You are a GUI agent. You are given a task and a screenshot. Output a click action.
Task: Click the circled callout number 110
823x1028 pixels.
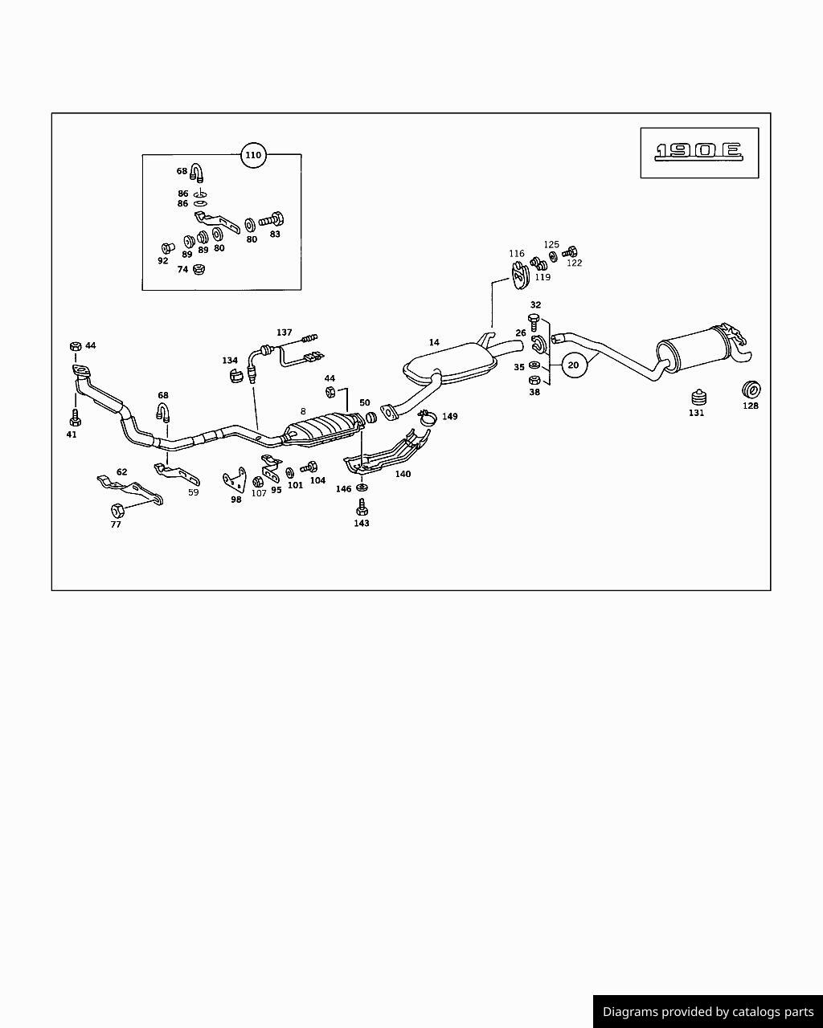pyautogui.click(x=253, y=155)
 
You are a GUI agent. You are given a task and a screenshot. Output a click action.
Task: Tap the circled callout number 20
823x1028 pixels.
pyautogui.click(x=573, y=365)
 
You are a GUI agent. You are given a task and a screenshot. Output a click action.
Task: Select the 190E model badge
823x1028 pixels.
pyautogui.click(x=699, y=153)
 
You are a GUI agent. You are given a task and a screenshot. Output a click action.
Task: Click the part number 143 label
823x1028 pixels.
pyautogui.click(x=362, y=523)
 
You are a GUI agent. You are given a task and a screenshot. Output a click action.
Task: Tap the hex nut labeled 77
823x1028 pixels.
pyautogui.click(x=117, y=510)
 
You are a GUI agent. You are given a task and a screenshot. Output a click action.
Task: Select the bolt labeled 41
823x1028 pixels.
pyautogui.click(x=75, y=418)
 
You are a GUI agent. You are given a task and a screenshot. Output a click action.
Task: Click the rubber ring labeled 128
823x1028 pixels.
pyautogui.click(x=751, y=390)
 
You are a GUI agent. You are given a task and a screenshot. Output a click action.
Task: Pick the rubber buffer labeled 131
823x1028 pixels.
pyautogui.click(x=699, y=398)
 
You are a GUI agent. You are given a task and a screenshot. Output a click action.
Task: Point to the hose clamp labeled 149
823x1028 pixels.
pyautogui.click(x=428, y=418)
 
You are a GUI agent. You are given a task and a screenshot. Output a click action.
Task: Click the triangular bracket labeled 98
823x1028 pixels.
pyautogui.click(x=235, y=479)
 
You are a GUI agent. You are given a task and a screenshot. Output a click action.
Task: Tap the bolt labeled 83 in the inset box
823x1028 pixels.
pyautogui.click(x=271, y=220)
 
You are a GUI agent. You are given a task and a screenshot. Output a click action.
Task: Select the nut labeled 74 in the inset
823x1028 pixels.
pyautogui.click(x=199, y=269)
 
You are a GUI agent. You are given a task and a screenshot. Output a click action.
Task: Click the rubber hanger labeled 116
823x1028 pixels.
pyautogui.click(x=518, y=275)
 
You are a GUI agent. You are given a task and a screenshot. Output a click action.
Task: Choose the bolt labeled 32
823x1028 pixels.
pyautogui.click(x=534, y=322)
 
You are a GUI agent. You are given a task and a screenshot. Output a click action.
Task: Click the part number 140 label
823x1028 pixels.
pyautogui.click(x=403, y=474)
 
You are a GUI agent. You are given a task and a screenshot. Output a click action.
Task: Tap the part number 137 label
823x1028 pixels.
pyautogui.click(x=284, y=332)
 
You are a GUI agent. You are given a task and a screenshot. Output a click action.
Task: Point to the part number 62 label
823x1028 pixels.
pyautogui.click(x=122, y=472)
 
